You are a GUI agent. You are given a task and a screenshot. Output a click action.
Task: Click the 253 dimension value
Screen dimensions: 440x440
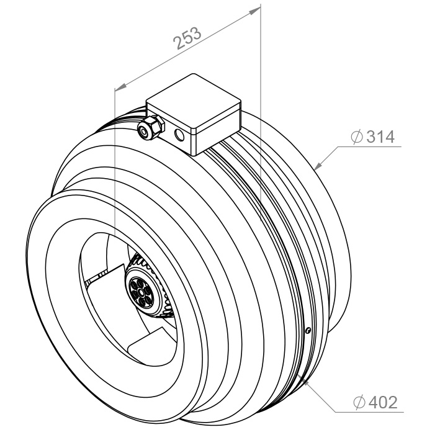pyautogui.click(x=187, y=38)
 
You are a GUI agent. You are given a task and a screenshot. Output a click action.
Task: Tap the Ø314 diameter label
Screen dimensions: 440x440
pyautogui.click(x=372, y=137)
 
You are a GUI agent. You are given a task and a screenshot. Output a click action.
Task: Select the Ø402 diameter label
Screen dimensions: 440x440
pyautogui.click(x=375, y=402)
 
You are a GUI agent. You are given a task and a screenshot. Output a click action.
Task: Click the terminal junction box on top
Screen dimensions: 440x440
pyautogui.click(x=194, y=114)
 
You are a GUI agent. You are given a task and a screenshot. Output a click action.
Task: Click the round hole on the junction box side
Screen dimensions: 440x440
pyautogui.click(x=179, y=135)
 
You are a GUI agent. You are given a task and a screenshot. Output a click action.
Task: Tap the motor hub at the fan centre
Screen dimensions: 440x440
pyautogui.click(x=141, y=291)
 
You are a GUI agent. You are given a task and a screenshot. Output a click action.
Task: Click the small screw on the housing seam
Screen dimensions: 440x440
pyautogui.click(x=308, y=331)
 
